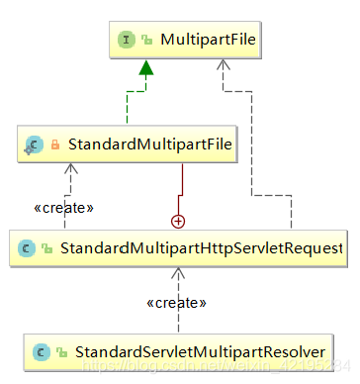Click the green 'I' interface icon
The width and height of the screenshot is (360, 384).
tap(127, 41)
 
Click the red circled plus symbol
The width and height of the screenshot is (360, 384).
tap(178, 220)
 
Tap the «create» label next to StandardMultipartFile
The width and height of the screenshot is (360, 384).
tap(64, 208)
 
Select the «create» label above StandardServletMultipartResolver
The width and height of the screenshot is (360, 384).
tap(176, 302)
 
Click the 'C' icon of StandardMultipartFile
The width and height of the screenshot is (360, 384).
tap(35, 145)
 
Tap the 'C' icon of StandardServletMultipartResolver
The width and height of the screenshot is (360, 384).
tap(41, 350)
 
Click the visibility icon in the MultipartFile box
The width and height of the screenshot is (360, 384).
tap(146, 41)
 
